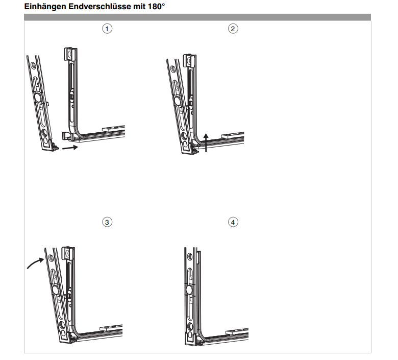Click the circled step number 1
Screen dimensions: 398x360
pos(107,29)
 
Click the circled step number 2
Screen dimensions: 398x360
pos(233,29)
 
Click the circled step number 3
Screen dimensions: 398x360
pos(107,222)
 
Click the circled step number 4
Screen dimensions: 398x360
pos(233,222)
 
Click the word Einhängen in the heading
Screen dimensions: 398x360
pos(45,7)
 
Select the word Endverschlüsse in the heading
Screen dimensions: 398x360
pos(99,6)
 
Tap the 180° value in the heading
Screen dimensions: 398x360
pos(156,6)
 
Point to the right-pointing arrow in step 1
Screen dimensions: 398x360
pos(70,148)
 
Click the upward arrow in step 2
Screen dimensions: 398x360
pos(206,143)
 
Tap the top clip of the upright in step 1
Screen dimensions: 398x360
pos(70,54)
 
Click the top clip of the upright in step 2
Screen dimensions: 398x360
pos(189,60)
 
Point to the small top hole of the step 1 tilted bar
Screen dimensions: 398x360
pos(33,65)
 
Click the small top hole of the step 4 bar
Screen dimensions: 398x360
pos(189,257)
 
